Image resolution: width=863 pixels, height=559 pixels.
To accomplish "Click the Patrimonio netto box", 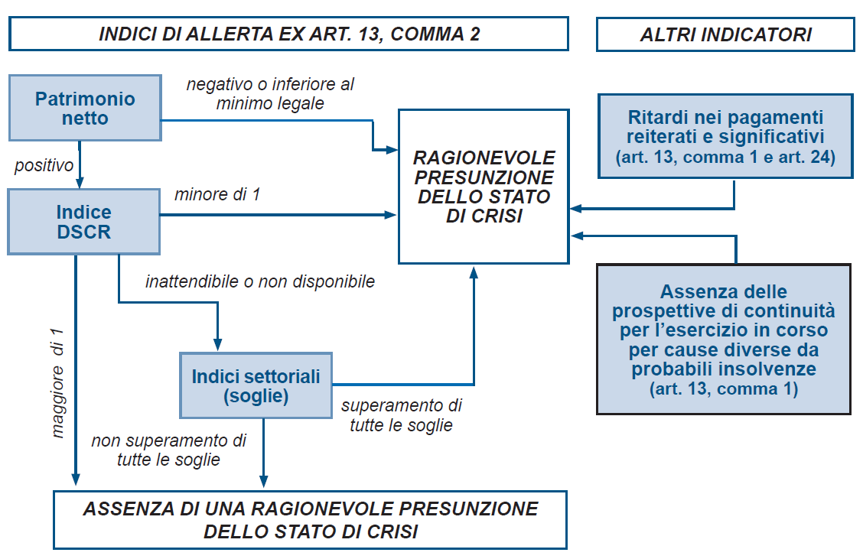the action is (86, 108).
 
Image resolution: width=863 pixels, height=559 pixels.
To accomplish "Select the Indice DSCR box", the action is (83, 222).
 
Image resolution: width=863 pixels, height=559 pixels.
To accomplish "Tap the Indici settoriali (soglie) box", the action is (256, 385).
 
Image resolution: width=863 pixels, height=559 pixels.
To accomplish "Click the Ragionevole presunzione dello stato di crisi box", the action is (484, 187).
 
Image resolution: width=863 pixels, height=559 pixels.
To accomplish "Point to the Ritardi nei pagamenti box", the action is (725, 136).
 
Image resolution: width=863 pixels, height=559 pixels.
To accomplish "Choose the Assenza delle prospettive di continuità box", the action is (724, 340).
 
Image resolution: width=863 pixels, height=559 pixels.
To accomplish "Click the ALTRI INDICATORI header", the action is (725, 34).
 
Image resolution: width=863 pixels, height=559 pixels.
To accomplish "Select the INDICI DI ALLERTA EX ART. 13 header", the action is (289, 34).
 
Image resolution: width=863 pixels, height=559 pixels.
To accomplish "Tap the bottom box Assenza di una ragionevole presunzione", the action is (311, 520).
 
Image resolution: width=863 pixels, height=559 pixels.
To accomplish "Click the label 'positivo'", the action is (44, 165).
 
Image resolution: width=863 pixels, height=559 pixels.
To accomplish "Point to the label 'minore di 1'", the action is (217, 194).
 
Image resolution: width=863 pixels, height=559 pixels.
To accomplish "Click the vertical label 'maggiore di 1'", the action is (57, 383).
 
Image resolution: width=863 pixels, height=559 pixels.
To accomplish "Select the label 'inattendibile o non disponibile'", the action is (260, 281).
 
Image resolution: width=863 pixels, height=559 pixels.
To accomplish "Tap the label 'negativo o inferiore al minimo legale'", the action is (270, 93).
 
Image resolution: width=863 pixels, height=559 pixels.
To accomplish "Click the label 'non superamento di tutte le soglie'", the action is (169, 450).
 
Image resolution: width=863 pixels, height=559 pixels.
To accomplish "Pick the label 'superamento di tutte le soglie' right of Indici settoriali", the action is (401, 414).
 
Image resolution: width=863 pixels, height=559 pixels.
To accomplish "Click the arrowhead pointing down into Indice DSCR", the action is (80, 183).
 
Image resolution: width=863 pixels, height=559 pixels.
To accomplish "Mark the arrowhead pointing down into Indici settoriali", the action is (217, 345).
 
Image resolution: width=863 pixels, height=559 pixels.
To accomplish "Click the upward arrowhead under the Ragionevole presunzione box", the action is (474, 271).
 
